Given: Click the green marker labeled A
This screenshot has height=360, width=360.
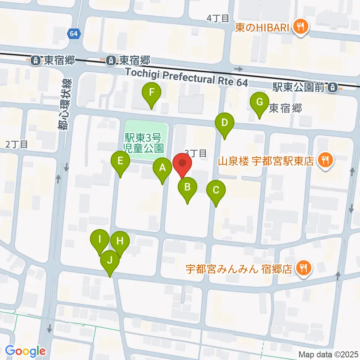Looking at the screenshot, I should (162, 168).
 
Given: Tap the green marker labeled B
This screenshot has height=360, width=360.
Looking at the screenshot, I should (187, 187).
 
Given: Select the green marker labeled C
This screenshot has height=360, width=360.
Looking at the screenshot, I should (216, 190).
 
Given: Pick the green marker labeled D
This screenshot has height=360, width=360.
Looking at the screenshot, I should (225, 123).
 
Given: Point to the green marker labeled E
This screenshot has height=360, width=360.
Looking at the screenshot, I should (120, 161).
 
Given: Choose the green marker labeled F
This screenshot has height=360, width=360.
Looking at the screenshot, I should (151, 92).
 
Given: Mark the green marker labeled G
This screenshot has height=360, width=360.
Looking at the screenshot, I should (259, 102).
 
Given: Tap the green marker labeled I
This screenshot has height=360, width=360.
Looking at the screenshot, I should (100, 239).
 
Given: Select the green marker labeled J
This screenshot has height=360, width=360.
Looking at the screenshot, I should (109, 259).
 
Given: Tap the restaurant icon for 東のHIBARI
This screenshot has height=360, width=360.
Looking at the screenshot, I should (300, 26).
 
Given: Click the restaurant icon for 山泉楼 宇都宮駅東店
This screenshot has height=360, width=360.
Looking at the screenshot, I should (324, 160).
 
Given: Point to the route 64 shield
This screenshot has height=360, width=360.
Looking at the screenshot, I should (73, 34).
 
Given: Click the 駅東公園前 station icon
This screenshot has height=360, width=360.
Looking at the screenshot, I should (333, 88).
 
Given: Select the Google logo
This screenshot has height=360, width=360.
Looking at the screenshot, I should (25, 351).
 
